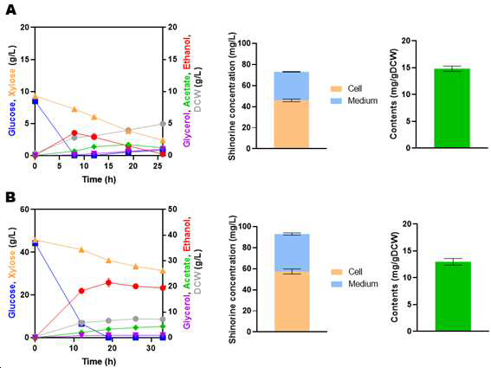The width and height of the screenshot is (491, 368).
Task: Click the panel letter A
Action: pyautogui.click(x=10, y=10)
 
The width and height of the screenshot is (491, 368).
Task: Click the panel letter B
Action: pyautogui.click(x=10, y=197)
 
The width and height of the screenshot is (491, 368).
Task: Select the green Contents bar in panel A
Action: pyautogui.click(x=452, y=108)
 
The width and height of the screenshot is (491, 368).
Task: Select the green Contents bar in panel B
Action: pyautogui.click(x=453, y=296)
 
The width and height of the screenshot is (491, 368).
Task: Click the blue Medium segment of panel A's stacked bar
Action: pyautogui.click(x=291, y=87)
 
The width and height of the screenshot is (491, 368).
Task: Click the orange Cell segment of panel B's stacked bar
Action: pyautogui.click(x=292, y=301)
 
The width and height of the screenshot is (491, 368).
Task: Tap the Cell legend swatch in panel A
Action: pyautogui.click(x=336, y=89)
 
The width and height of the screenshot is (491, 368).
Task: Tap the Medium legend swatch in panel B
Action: pyautogui.click(x=337, y=284)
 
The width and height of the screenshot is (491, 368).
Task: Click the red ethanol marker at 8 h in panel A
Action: pyautogui.click(x=74, y=133)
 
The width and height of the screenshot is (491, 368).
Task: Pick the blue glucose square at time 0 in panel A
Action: pyautogui.click(x=35, y=101)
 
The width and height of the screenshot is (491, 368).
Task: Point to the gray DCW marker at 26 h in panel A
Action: pyautogui.click(x=163, y=124)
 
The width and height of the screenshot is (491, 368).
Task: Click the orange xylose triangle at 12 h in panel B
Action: pyautogui.click(x=81, y=249)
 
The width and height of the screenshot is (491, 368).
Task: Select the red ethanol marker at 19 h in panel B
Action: pyautogui.click(x=108, y=283)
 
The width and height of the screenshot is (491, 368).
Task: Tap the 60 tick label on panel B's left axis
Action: pyautogui.click(x=24, y=210)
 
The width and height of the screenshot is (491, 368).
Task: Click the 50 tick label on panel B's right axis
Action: pyautogui.click(x=172, y=210)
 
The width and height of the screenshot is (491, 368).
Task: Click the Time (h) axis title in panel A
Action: pyautogui.click(x=99, y=179)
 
